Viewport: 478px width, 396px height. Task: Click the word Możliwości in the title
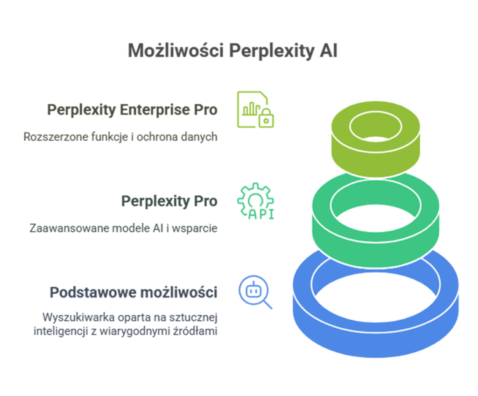coord(176,50)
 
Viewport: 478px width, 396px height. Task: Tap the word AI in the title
coord(329,50)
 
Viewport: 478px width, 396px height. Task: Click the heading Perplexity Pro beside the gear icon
coord(169,201)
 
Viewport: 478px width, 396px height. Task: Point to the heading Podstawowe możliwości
coord(134,292)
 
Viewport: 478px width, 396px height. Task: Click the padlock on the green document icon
coord(266,118)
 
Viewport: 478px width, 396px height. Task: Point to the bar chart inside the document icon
coord(251,109)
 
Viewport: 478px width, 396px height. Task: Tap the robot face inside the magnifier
coord(253,290)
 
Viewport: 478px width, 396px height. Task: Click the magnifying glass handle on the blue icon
coord(267,304)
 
